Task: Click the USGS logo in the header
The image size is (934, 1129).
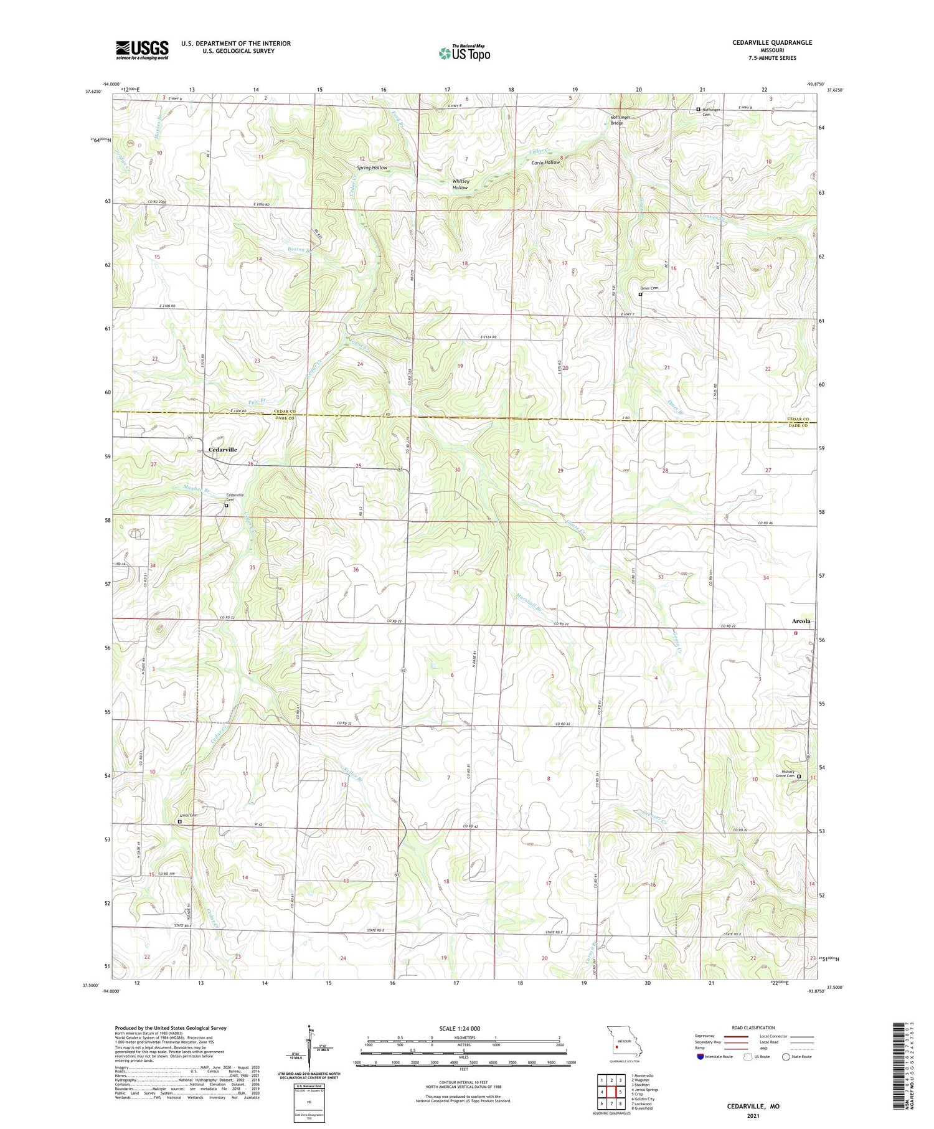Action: [x=142, y=50]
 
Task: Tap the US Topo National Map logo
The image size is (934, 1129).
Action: [x=464, y=53]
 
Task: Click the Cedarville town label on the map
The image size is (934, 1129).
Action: [x=222, y=449]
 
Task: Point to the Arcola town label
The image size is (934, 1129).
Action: [x=801, y=621]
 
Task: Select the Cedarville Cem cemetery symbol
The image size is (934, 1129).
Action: [x=227, y=506]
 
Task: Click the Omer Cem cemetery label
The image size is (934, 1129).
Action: [x=649, y=288]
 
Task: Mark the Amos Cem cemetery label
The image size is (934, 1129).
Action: [x=188, y=815]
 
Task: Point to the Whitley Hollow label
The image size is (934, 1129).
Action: [x=460, y=184]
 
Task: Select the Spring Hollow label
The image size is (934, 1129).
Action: [x=372, y=168]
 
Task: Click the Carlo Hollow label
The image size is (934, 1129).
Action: [x=545, y=163]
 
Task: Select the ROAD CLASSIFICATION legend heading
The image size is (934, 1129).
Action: [x=753, y=1027]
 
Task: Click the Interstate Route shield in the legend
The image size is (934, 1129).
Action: [x=700, y=1057]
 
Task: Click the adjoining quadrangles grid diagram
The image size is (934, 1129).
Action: [x=611, y=1087]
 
